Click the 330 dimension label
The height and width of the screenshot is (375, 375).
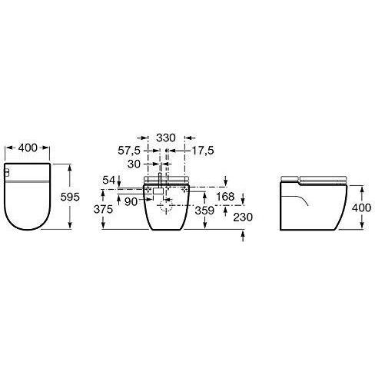click(x=166, y=138)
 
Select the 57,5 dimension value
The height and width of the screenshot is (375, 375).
click(x=129, y=151)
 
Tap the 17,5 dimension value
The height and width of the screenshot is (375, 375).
click(x=203, y=151)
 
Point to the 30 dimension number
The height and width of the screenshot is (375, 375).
click(x=134, y=164)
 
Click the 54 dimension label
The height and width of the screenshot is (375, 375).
click(x=109, y=181)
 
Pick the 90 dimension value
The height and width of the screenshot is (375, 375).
click(x=131, y=202)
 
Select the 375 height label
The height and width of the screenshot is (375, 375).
click(x=103, y=209)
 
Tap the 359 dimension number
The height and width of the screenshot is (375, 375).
click(x=204, y=211)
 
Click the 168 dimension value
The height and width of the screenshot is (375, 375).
click(x=225, y=197)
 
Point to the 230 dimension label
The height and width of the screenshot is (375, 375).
click(x=243, y=217)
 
